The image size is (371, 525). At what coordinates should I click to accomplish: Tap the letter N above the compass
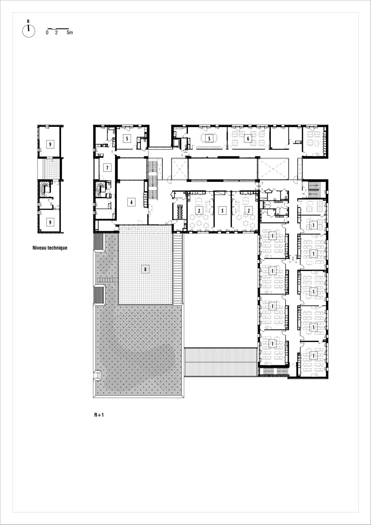coord(28,21)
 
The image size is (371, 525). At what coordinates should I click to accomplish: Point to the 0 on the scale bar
coord(47,32)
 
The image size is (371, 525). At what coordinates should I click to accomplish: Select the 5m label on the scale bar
coord(70,32)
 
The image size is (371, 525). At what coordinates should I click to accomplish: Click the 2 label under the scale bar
coord(56,32)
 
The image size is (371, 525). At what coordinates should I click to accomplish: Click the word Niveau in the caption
coord(39,248)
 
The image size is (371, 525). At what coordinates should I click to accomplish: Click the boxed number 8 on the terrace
coord(145,269)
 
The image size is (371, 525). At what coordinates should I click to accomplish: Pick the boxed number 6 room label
coord(248,139)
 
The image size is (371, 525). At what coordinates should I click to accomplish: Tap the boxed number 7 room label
coord(107,168)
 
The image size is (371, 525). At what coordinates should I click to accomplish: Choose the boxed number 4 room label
coord(131,202)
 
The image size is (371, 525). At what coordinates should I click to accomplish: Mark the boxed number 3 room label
coord(222,210)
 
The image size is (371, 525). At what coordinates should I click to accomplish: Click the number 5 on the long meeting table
coord(209,139)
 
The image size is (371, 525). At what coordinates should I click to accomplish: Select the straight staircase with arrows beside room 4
coord(153,179)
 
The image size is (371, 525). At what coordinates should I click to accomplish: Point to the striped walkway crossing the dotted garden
coord(107,280)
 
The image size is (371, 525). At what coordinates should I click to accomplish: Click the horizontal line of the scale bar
coord(58,28)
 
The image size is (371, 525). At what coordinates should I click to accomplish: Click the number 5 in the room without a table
coord(127,138)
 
